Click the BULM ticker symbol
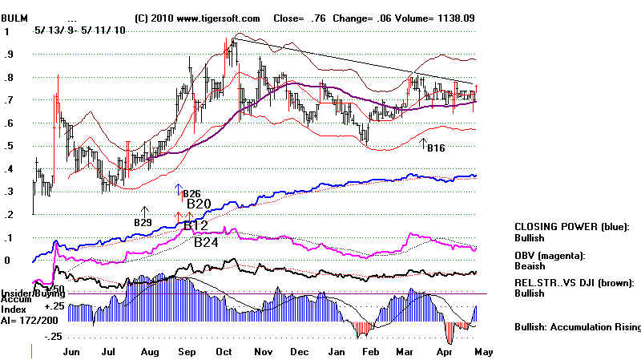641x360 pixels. (x=15, y=18)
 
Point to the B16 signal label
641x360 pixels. (x=435, y=148)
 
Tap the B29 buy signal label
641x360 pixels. (x=143, y=221)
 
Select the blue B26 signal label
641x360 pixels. (x=191, y=194)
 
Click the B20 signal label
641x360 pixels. (x=199, y=204)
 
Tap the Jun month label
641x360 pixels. (x=71, y=351)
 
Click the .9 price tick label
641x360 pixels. (x=10, y=55)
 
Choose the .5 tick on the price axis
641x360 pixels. (x=10, y=146)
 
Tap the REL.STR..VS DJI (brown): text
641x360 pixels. (x=576, y=283)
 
